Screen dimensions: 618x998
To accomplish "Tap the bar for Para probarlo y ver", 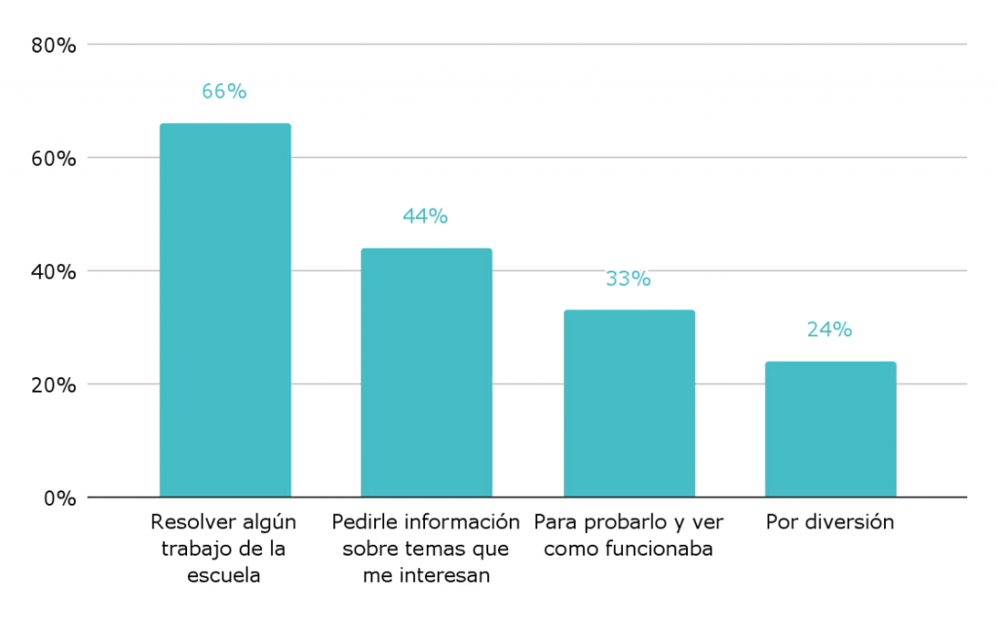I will (629, 404).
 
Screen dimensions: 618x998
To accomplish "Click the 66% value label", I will (224, 92).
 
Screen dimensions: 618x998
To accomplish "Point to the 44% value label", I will (425, 216).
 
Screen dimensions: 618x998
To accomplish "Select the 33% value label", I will (628, 279).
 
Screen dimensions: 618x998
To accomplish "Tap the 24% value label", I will (829, 329).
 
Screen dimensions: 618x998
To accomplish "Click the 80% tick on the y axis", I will (53, 45).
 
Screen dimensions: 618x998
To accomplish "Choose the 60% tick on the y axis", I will (53, 158).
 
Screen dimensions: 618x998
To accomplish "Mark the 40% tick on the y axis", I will (53, 271).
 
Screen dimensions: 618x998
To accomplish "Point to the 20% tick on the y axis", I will (53, 384).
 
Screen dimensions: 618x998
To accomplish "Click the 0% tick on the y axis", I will (58, 497).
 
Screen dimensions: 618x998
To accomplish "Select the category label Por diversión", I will (829, 521).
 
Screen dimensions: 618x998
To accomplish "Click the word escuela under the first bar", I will (224, 575).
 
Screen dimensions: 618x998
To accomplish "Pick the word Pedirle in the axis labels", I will (363, 521).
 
